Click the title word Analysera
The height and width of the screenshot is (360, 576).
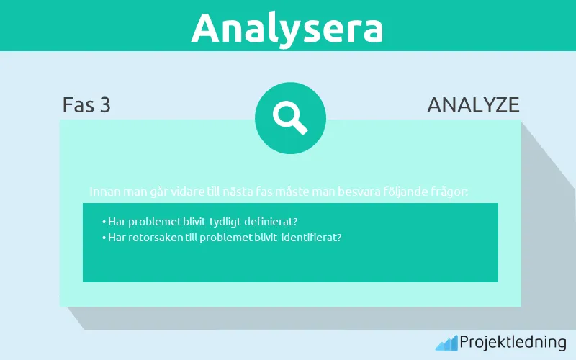click(287, 27)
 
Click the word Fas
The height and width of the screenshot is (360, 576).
click(77, 105)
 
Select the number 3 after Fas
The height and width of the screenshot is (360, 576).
click(105, 105)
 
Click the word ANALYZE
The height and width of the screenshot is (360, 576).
click(473, 105)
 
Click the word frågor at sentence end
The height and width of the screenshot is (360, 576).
click(452, 192)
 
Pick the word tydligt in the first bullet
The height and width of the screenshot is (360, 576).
click(225, 221)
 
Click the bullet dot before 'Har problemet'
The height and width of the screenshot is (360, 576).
click(104, 222)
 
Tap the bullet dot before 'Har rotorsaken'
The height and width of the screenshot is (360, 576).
click(104, 238)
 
